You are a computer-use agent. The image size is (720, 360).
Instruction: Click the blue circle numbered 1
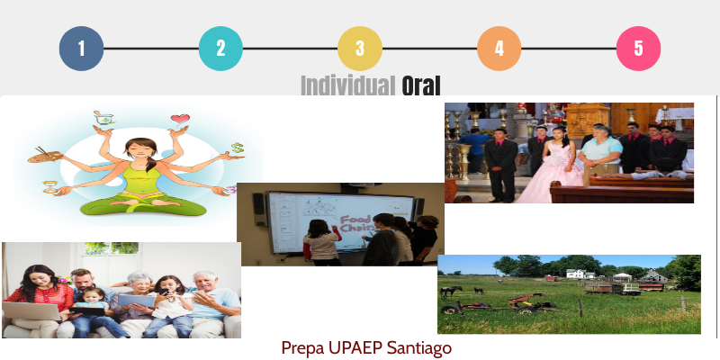(81, 49)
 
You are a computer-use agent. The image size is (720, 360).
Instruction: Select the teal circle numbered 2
(220, 49)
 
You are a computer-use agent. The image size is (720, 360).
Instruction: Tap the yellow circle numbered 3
(360, 49)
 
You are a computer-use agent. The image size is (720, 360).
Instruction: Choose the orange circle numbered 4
(499, 49)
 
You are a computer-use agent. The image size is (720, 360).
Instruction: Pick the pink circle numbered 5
(638, 49)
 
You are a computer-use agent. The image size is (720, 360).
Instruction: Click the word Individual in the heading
(348, 85)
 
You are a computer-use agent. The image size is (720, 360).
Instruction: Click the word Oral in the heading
(421, 85)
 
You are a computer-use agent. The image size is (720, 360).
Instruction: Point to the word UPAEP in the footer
(355, 348)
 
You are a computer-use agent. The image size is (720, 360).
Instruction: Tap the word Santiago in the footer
(419, 349)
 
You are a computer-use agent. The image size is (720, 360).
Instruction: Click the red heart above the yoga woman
(180, 119)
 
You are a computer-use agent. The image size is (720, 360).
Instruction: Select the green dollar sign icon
(237, 148)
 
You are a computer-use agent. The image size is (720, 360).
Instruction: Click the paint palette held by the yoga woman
(45, 156)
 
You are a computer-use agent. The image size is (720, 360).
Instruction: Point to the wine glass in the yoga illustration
(50, 186)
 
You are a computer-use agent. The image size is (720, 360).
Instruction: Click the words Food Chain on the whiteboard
(355, 223)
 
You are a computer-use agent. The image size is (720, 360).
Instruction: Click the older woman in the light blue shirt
(599, 154)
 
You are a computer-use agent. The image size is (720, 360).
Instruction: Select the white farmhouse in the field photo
(576, 274)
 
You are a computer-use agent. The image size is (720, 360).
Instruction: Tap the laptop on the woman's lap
(31, 310)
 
